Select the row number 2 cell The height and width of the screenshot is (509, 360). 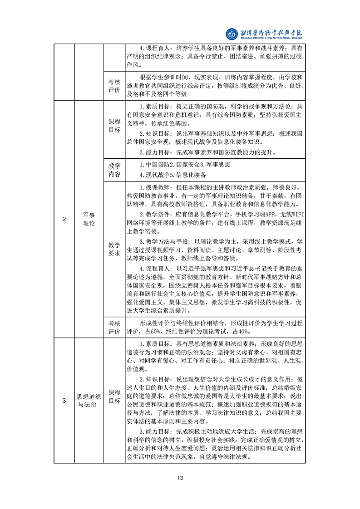[64, 220]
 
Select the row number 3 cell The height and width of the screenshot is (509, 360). [64, 400]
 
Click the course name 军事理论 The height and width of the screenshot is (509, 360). [89, 220]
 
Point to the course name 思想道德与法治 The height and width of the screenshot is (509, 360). [89, 400]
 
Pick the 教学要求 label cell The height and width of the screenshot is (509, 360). [114, 249]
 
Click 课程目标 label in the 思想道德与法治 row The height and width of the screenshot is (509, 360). [114, 396]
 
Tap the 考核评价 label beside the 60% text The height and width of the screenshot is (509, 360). [114, 327]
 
